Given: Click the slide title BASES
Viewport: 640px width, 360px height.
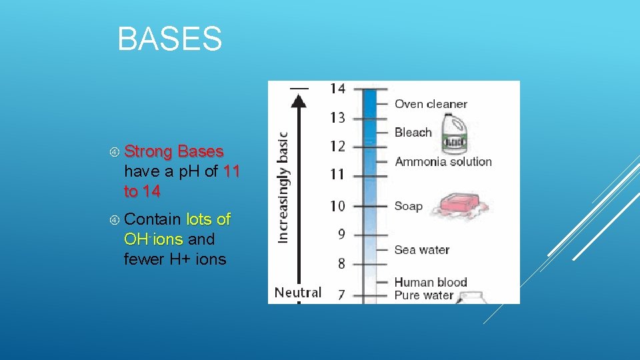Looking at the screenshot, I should pyautogui.click(x=169, y=39).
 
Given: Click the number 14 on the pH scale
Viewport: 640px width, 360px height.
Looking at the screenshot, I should pyautogui.click(x=337, y=89).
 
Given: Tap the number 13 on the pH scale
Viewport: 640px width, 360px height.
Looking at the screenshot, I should pyautogui.click(x=337, y=118).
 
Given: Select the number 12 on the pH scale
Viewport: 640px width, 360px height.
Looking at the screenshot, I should pyautogui.click(x=337, y=146).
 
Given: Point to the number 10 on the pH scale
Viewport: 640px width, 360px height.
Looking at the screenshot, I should pyautogui.click(x=337, y=205).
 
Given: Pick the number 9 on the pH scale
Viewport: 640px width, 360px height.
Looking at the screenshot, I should pyautogui.click(x=341, y=234).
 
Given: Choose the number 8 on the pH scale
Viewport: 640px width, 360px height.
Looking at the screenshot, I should pyautogui.click(x=341, y=263).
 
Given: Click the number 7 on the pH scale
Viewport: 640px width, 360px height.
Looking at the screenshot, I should pyautogui.click(x=341, y=293).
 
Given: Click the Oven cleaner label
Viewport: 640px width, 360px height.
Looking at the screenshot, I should pyautogui.click(x=431, y=104).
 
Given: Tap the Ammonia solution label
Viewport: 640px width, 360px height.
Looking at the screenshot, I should pyautogui.click(x=443, y=161).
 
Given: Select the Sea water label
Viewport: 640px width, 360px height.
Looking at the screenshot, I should pyautogui.click(x=421, y=250).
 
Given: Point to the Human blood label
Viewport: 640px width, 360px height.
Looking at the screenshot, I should pyautogui.click(x=430, y=282).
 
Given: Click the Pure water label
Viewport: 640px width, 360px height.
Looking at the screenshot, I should pyautogui.click(x=423, y=295).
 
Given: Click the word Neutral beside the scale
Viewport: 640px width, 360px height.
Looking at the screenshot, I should pyautogui.click(x=298, y=292).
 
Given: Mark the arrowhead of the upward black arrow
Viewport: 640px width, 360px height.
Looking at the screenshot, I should pyautogui.click(x=299, y=100).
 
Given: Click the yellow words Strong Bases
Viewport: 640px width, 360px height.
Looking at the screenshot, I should pyautogui.click(x=173, y=151).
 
